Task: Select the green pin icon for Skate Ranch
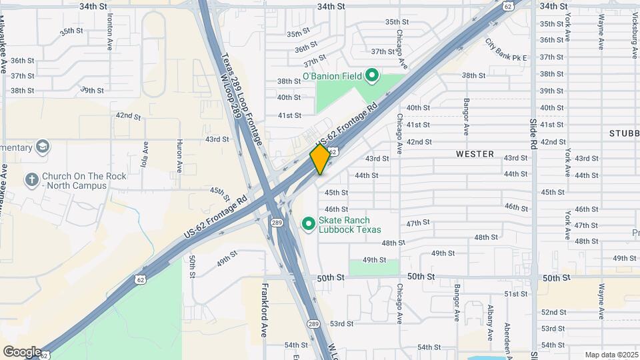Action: tap(309, 224)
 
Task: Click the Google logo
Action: tap(23, 351)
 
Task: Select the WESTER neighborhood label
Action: tap(475, 154)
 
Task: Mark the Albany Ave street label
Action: tap(490, 323)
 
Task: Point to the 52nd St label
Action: tap(553, 312)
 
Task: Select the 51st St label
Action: tap(516, 294)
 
